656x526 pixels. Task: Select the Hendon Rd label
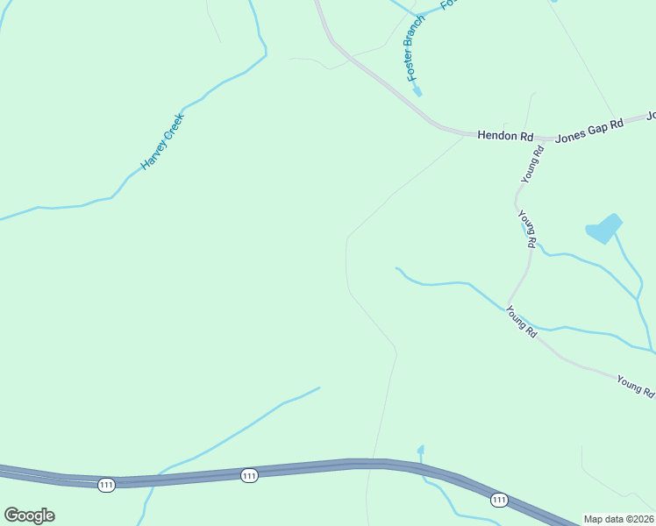coord(505,137)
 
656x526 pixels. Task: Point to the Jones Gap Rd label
coord(589,130)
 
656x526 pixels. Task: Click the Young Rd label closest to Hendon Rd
coord(533,164)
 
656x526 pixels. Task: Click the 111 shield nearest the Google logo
coord(106,485)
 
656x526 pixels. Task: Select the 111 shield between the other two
coord(249,475)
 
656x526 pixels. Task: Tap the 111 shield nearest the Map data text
coord(499,500)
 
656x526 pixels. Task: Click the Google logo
coord(29,515)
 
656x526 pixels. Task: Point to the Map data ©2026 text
coord(619,518)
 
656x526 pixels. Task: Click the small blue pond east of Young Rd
coord(603,229)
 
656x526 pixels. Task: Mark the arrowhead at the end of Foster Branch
coord(417,90)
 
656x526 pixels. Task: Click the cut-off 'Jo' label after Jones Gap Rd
coord(651,115)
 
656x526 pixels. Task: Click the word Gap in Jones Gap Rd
coord(590,130)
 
